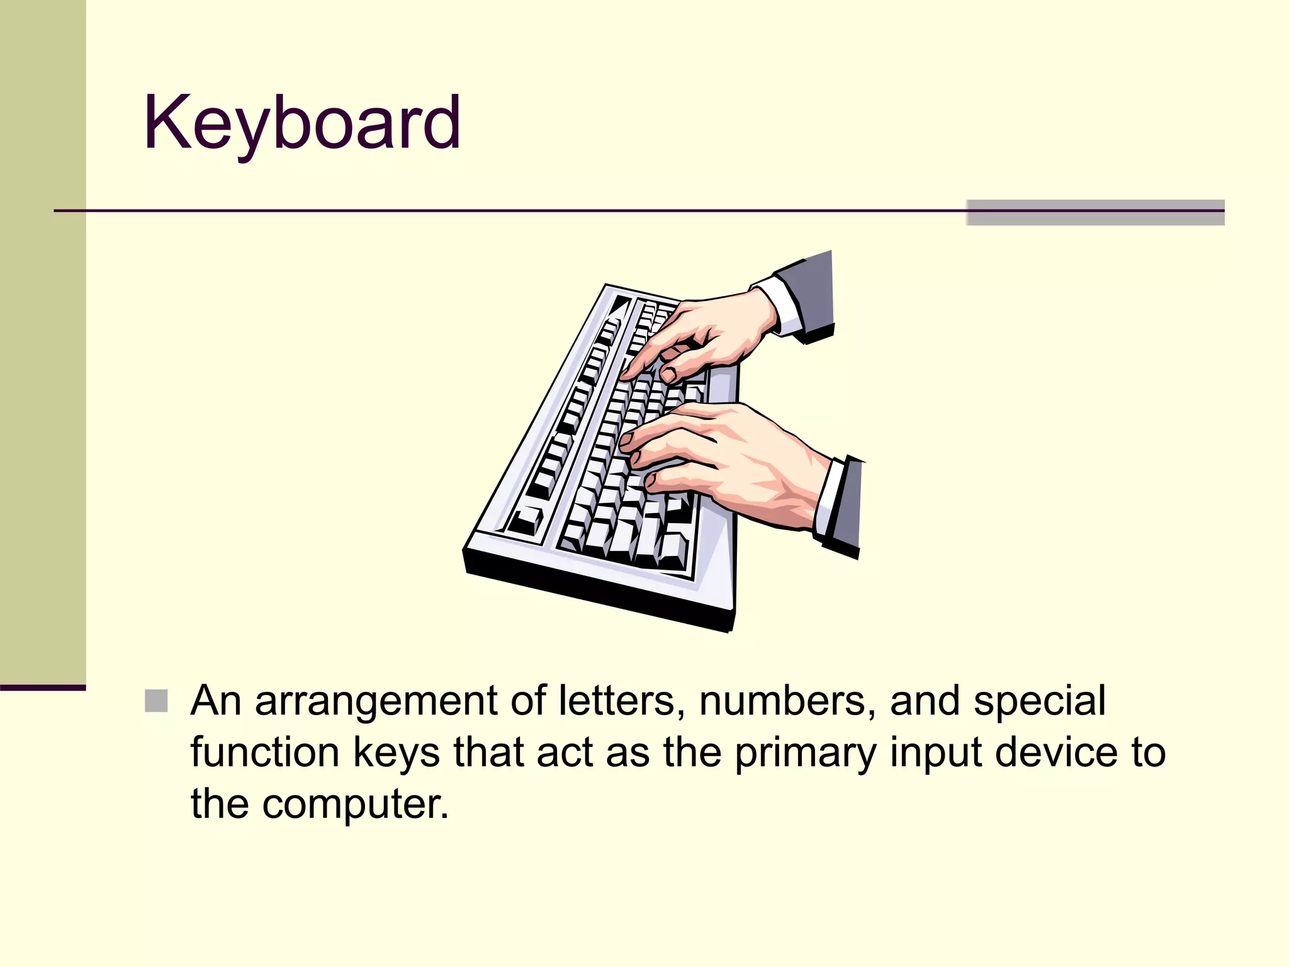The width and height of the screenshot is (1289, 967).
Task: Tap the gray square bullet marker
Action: click(x=156, y=701)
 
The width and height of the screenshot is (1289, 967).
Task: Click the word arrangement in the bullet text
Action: click(x=376, y=702)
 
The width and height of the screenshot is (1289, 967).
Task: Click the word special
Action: click(x=1039, y=702)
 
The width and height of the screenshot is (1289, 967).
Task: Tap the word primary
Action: click(x=805, y=754)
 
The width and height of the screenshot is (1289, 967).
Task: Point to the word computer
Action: click(x=356, y=805)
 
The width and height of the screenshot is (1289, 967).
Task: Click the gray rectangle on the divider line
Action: click(x=1095, y=212)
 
